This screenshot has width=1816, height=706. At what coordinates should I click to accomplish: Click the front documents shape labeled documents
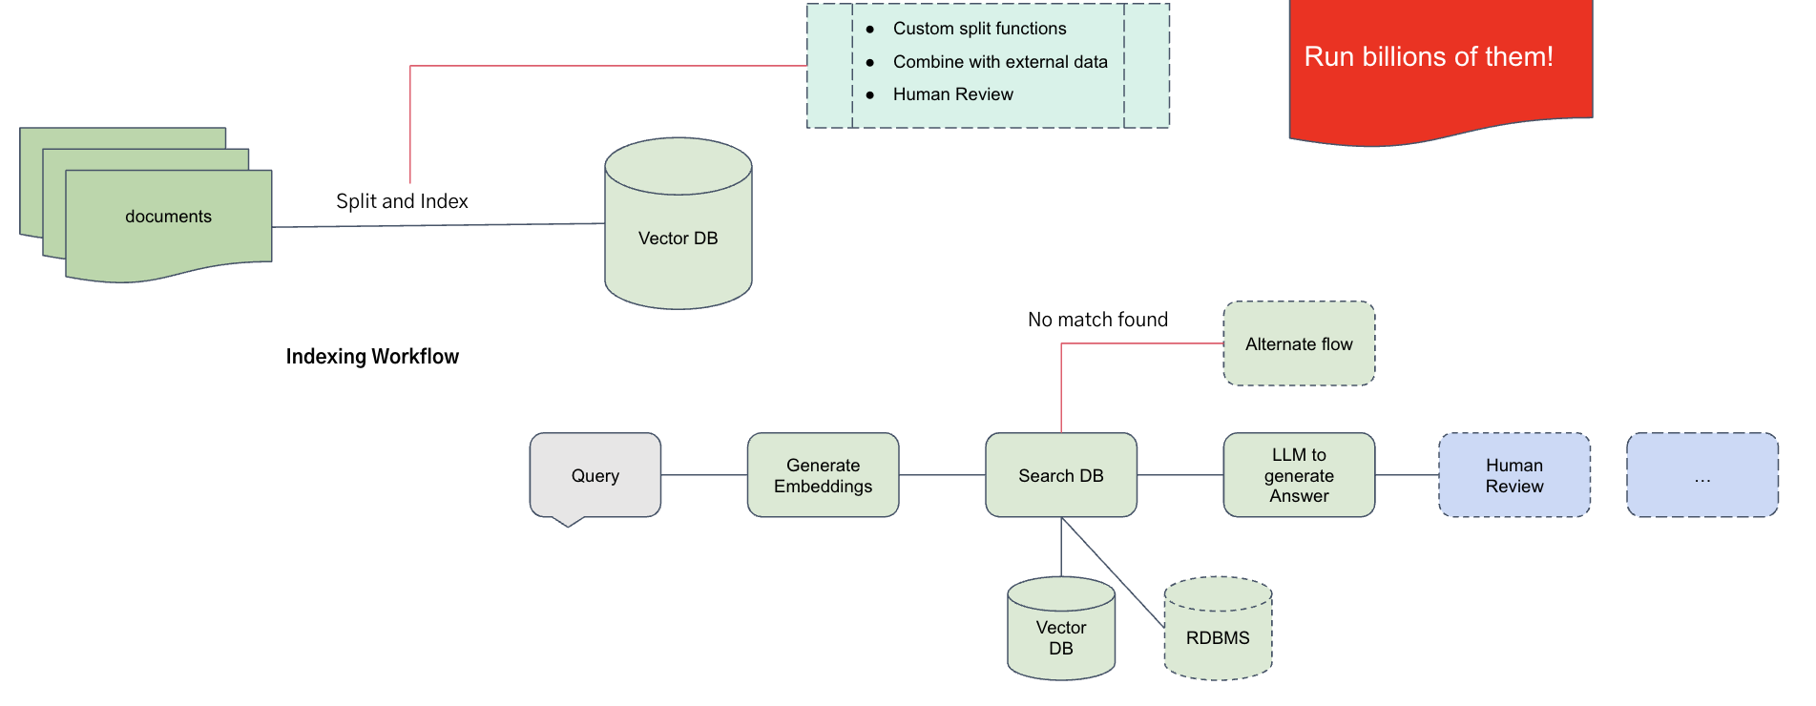click(168, 218)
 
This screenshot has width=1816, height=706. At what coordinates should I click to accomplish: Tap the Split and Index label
click(402, 201)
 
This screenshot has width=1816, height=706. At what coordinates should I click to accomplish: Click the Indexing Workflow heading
click(372, 357)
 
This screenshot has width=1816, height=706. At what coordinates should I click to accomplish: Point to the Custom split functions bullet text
click(979, 29)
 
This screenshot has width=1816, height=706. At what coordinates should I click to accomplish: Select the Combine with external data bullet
click(999, 62)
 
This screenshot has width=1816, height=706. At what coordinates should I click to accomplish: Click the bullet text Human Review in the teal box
click(952, 94)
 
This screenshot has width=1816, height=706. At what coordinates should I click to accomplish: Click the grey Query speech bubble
click(595, 475)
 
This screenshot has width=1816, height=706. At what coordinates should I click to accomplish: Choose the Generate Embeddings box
click(823, 475)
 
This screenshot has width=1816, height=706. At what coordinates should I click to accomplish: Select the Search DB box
click(1060, 475)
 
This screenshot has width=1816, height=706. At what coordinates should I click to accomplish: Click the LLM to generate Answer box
click(1299, 475)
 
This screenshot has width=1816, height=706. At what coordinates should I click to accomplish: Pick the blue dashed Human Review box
click(1513, 475)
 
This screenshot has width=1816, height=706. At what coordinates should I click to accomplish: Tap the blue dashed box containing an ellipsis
click(1701, 475)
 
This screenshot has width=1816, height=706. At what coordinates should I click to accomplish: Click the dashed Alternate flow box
click(1299, 343)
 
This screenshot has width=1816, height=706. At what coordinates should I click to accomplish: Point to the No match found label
click(1097, 320)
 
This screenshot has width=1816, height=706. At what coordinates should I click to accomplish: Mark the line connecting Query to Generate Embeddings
click(703, 475)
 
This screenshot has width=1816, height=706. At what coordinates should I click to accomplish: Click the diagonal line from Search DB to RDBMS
click(1113, 571)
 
